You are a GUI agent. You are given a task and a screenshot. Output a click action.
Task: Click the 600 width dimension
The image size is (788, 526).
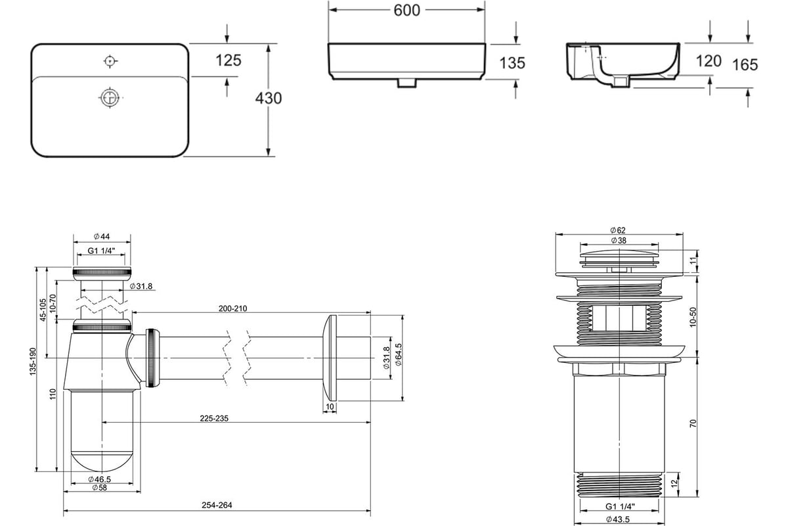(407, 10)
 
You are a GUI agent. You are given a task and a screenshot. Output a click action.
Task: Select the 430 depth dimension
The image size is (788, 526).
(269, 98)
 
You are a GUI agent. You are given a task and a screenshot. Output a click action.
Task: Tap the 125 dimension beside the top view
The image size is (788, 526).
(229, 60)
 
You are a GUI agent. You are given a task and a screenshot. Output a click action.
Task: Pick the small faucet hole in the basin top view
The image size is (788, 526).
(110, 61)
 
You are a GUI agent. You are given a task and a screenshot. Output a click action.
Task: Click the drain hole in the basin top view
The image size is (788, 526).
(110, 97)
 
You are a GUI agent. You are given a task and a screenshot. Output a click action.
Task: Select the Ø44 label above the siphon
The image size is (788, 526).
(101, 237)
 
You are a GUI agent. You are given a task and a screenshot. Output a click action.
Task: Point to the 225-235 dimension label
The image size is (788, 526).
(215, 418)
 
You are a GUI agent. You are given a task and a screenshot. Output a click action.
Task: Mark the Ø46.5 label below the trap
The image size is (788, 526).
(101, 479)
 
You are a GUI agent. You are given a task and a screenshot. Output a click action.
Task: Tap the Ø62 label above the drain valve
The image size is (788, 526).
(618, 230)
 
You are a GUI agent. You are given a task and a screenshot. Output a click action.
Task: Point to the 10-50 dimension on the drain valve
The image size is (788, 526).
(693, 317)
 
